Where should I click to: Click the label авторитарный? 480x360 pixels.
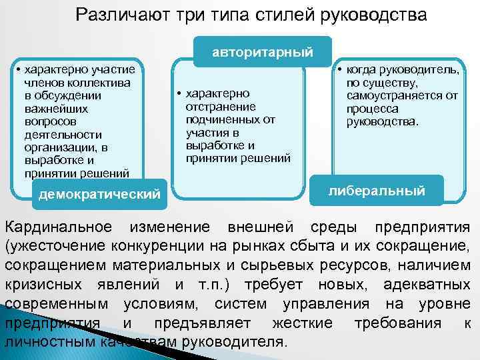(x=263, y=51)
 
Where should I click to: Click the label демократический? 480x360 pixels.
(x=100, y=194)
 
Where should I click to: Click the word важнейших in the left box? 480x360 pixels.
(x=51, y=108)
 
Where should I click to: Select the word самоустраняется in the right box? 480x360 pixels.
(x=398, y=95)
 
